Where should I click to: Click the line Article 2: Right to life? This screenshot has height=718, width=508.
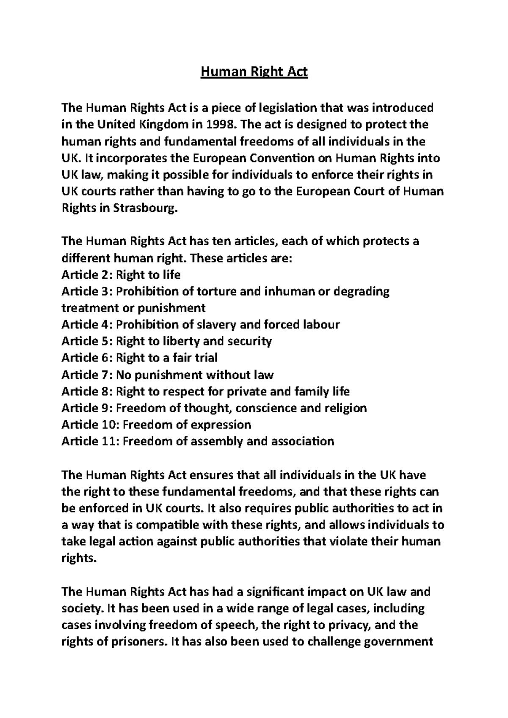click(x=121, y=275)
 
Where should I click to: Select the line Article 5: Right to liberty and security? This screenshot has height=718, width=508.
click(x=166, y=341)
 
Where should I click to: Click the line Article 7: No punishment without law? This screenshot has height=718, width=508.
click(x=168, y=375)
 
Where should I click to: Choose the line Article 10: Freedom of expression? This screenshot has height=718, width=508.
click(x=156, y=425)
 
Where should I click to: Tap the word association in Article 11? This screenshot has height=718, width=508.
click(x=302, y=441)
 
